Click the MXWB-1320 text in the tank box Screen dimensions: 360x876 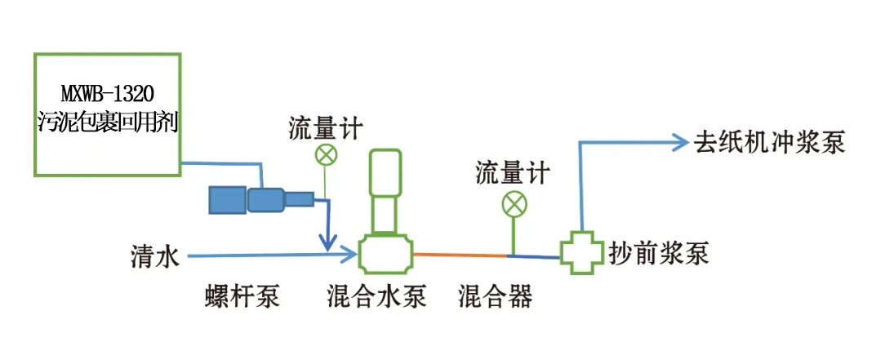tap(107, 91)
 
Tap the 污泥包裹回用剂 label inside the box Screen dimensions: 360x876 tap(107, 123)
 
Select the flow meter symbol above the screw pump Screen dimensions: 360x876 tap(326, 153)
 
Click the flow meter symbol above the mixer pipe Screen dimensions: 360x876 tap(514, 203)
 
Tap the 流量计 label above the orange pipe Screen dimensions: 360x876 tap(513, 173)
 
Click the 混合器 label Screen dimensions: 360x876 tap(496, 296)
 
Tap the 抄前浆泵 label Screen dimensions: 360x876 tap(659, 253)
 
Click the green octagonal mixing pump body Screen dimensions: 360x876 tap(386, 254)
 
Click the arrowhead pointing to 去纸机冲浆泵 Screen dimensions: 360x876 tap(683, 143)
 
